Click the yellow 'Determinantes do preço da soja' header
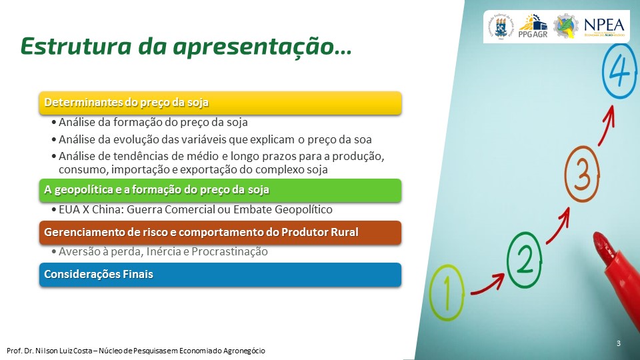[221, 103]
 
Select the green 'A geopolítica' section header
[221, 190]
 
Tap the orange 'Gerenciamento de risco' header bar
[221, 233]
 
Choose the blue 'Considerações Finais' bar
[221, 275]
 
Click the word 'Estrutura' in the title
[76, 46]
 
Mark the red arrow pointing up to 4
[607, 125]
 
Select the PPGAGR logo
[533, 27]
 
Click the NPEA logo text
[604, 27]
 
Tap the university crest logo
[501, 27]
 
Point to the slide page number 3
[619, 343]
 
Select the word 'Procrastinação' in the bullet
[229, 252]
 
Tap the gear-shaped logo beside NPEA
[566, 27]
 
